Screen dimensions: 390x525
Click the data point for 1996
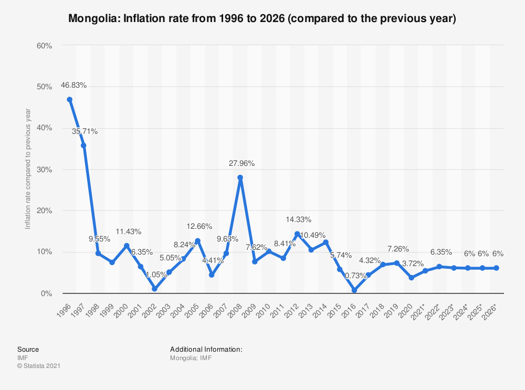pos(69,99)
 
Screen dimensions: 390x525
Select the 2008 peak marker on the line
pos(240,177)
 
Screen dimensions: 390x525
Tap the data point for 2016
pos(354,290)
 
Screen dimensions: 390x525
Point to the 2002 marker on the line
pos(154,289)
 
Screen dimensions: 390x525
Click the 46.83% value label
pos(73,85)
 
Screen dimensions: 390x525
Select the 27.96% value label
pos(241,163)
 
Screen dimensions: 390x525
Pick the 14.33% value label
pos(298,219)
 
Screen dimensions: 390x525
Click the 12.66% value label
pos(199,226)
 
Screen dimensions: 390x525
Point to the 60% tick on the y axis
pos(44,46)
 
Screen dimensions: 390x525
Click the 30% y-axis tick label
pos(44,170)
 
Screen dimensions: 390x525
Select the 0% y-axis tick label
pos(46,293)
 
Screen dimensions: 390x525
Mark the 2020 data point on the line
pos(411,278)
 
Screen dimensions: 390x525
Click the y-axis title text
pos(28,169)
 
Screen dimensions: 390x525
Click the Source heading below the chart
pos(28,349)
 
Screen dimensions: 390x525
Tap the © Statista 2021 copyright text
pos(38,366)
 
